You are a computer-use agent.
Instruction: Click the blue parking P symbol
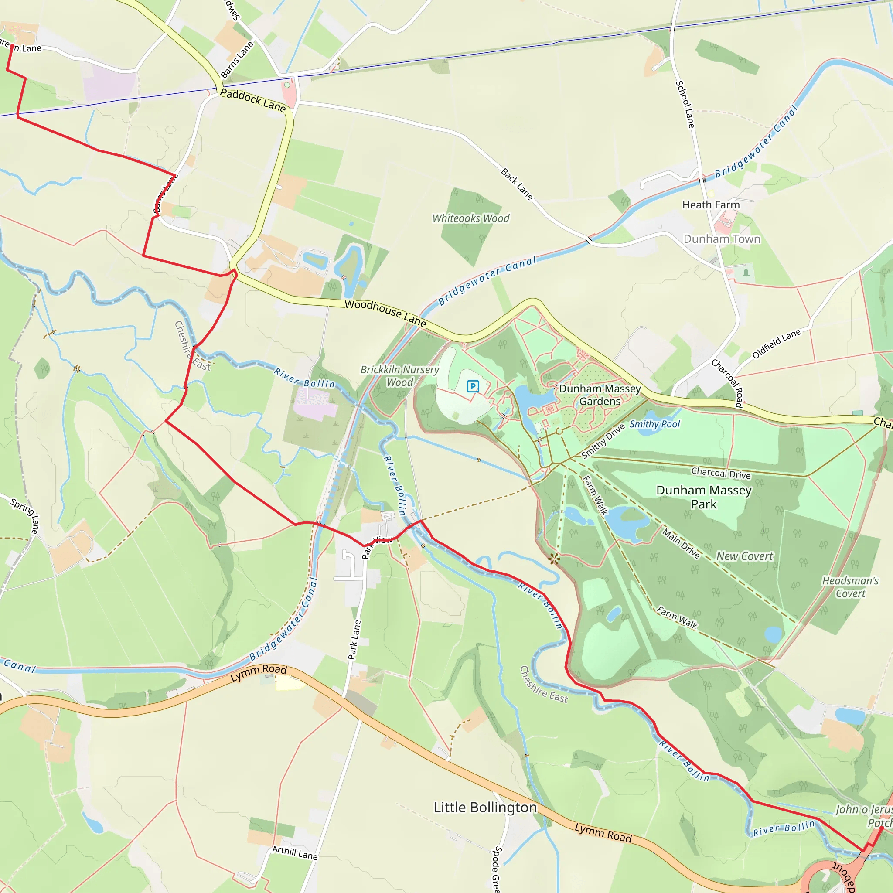tap(473, 386)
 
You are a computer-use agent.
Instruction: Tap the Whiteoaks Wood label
tap(470, 218)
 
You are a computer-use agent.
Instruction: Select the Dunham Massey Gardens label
tap(600, 395)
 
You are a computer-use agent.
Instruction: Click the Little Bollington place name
tap(485, 807)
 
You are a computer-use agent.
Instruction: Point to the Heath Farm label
tap(711, 205)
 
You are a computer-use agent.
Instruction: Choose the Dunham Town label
tap(722, 239)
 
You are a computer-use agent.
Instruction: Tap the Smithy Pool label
tap(654, 424)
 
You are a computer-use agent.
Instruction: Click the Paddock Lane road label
tap(253, 100)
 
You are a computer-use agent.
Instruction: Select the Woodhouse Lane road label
tap(385, 313)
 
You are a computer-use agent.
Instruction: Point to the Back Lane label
tap(517, 184)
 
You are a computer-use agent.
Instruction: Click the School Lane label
tap(685, 105)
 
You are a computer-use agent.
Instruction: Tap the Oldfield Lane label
tap(776, 344)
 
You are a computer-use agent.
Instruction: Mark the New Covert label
tap(744, 556)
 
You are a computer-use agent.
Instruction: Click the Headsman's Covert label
tap(850, 587)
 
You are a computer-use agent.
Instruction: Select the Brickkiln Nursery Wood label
tap(400, 376)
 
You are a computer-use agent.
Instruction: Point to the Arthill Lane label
tap(294, 853)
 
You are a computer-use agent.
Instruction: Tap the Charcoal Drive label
tap(721, 473)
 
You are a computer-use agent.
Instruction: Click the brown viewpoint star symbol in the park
tap(554, 559)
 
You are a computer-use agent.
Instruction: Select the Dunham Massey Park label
tap(703, 497)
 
